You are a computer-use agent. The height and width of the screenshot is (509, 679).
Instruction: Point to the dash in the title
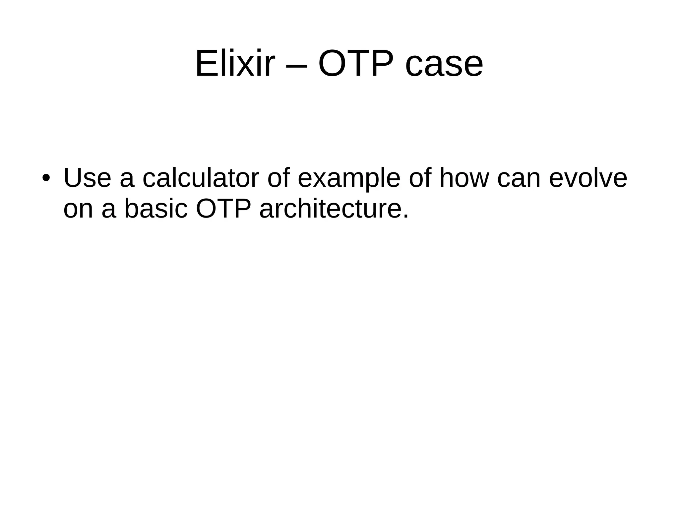[296, 66]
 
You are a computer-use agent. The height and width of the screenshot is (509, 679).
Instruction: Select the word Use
[87, 178]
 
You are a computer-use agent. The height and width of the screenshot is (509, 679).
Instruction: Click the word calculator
[200, 178]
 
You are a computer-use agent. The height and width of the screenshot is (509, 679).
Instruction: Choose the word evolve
[588, 178]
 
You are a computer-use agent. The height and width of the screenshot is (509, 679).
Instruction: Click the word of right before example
[278, 178]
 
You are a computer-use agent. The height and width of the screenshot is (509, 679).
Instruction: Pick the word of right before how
[419, 178]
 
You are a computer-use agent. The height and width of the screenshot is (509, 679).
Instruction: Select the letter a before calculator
[127, 181]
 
